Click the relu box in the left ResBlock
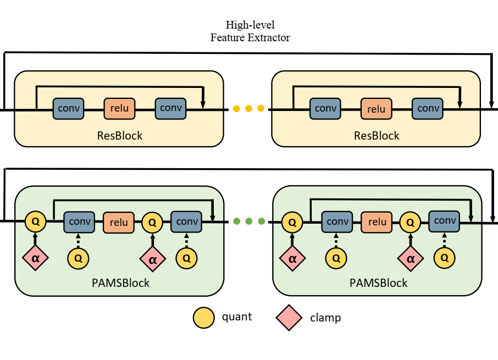[119, 108]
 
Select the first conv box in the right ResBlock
[325, 108]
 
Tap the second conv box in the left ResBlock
[171, 108]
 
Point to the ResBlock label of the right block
[377, 135]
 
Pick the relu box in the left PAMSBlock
[119, 222]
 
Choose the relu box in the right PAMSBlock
[377, 222]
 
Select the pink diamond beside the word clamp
[288, 318]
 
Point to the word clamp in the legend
[325, 318]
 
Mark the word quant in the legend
[237, 317]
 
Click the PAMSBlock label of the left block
[120, 283]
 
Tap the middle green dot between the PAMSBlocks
[248, 221]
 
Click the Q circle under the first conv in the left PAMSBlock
[79, 257]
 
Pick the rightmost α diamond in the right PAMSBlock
[410, 257]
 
